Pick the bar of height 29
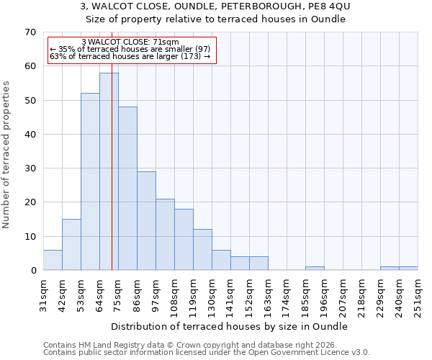click(146, 220)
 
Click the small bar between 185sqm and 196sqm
click(315, 269)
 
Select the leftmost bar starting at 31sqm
click(53, 260)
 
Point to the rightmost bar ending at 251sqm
click(408, 269)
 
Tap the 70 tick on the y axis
click(30, 32)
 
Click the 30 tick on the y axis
click(30, 168)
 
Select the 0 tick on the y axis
click(33, 271)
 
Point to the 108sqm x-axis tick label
click(174, 295)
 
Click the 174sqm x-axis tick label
click(287, 295)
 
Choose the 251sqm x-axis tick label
click(418, 295)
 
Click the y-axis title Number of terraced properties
click(6, 155)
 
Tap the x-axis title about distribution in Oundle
click(230, 326)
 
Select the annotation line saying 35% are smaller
click(130, 49)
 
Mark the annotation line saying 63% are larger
click(130, 56)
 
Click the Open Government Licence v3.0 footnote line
click(207, 353)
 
